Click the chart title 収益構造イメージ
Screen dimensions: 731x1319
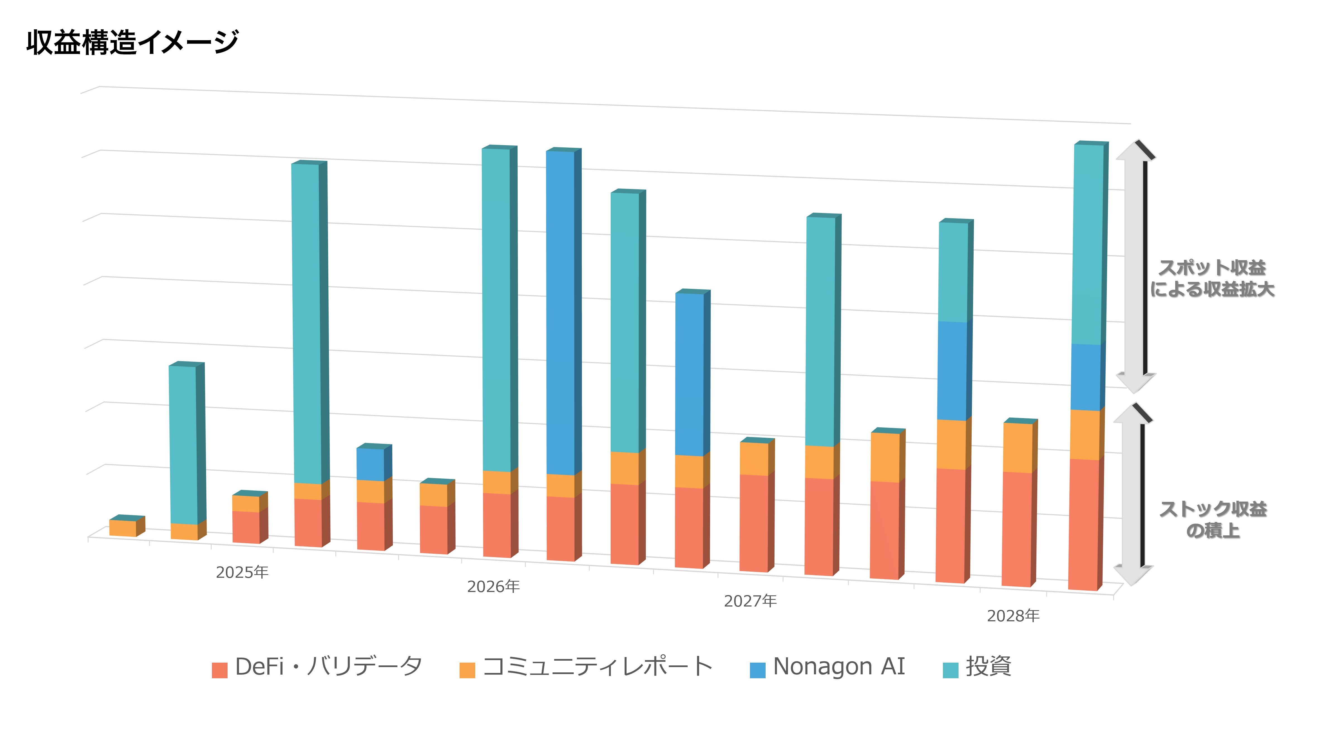pos(132,42)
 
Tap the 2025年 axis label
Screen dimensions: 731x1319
pos(242,572)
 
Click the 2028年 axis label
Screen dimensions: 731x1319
pos(1013,616)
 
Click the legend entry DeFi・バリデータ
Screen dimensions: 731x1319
pos(317,667)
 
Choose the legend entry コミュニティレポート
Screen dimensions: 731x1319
pos(586,667)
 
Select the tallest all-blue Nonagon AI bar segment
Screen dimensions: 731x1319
pos(561,312)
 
